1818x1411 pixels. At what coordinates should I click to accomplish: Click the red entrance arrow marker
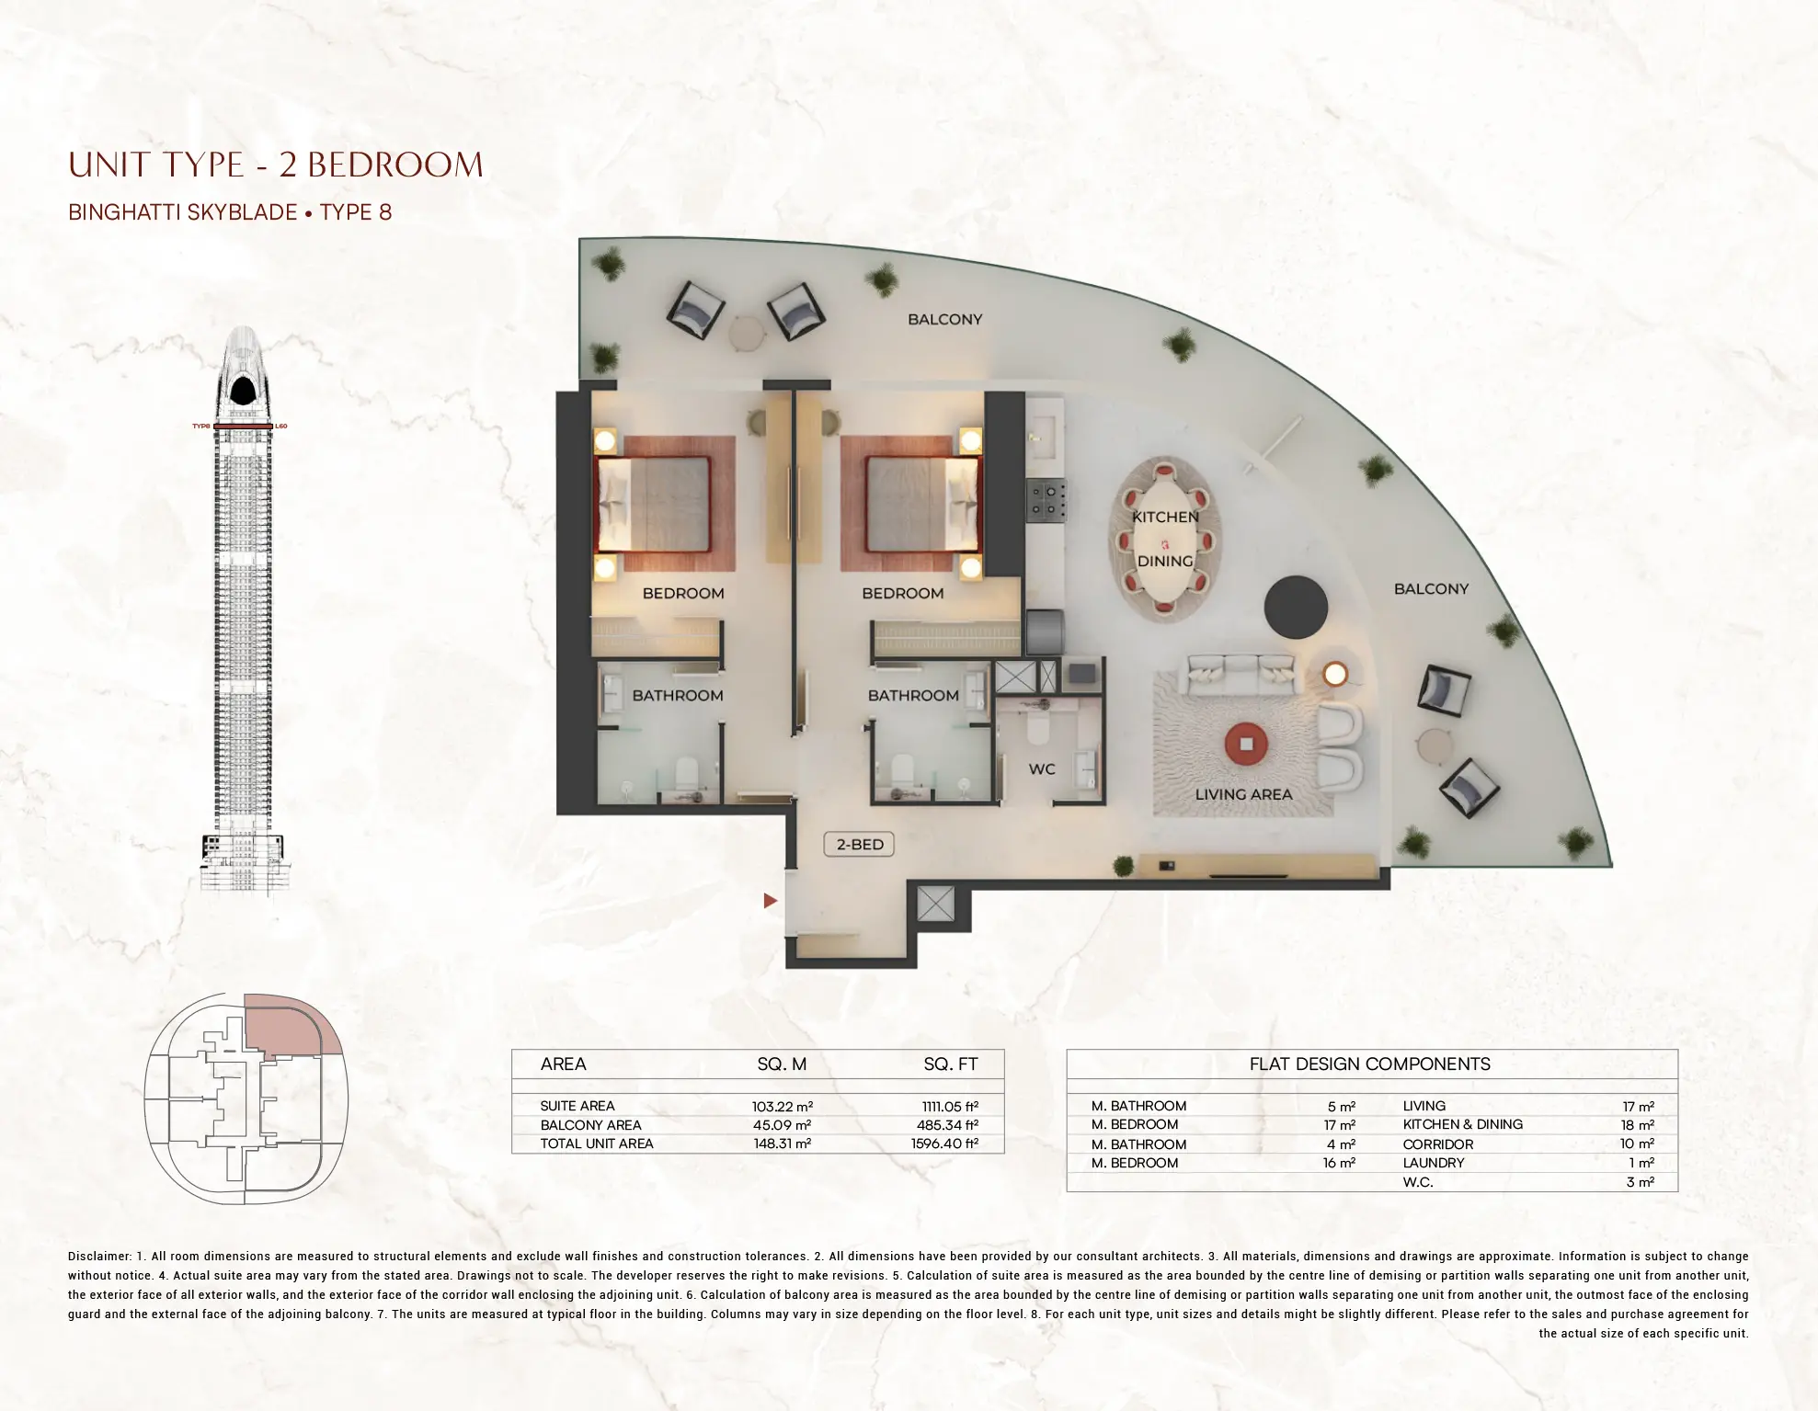pos(771,901)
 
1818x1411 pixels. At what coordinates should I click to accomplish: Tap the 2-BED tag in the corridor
pos(860,844)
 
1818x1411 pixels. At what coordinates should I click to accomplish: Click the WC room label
pos(1042,768)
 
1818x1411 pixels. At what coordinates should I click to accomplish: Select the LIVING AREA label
pos(1243,794)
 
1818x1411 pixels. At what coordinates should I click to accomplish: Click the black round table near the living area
pos(1296,607)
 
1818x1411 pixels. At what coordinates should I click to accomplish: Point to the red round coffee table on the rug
pos(1246,744)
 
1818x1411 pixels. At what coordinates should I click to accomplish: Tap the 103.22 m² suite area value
pos(782,1107)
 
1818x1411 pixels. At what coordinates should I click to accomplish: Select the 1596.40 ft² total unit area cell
pos(944,1144)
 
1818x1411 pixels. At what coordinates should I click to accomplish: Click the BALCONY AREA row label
pos(590,1125)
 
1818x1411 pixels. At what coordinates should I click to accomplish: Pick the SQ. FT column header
pos(950,1064)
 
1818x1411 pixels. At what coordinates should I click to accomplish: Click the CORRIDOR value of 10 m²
pos(1636,1144)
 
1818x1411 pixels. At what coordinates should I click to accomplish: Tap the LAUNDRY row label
pos(1433,1163)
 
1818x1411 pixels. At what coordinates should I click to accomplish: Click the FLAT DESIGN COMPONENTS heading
pos(1369,1064)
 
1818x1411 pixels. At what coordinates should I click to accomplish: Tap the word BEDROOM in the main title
pos(394,165)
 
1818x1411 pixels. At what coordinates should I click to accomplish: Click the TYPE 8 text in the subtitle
pos(356,212)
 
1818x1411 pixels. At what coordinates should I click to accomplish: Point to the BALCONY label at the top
pos(944,320)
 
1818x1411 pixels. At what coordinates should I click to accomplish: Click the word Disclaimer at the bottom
pos(99,1257)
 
